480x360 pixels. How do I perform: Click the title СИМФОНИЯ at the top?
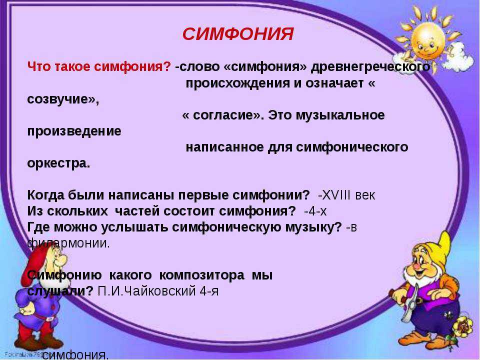[238, 34]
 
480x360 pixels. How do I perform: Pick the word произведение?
[74, 131]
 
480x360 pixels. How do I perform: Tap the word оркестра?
[58, 163]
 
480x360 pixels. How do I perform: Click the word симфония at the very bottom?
[75, 355]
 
